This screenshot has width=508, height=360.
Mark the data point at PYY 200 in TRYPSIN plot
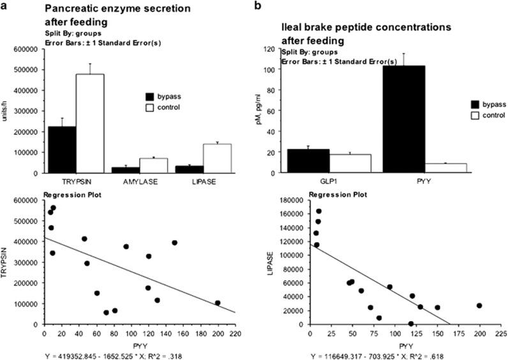pos(218,303)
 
